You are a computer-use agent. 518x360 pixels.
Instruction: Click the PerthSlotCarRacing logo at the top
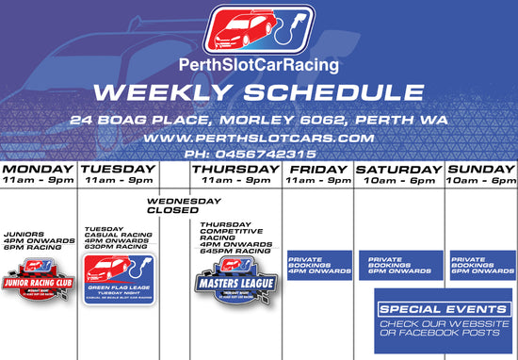[x=258, y=31]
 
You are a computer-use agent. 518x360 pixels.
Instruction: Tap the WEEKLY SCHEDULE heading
[x=258, y=93]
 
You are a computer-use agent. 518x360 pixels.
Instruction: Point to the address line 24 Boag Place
[x=258, y=121]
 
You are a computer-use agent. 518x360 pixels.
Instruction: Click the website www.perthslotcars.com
[x=258, y=138]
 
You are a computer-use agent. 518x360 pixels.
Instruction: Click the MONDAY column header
[x=39, y=169]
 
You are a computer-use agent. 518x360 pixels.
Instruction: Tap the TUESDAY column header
[x=118, y=169]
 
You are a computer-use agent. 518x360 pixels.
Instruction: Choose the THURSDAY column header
[x=235, y=169]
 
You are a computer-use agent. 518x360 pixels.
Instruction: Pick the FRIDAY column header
[x=317, y=169]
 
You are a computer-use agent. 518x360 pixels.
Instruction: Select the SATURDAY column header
[x=397, y=169]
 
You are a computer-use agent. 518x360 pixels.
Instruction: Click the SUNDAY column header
[x=480, y=169]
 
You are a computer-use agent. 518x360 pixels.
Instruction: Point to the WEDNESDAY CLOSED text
[x=183, y=205]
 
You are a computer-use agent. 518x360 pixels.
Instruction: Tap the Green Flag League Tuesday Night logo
[x=118, y=278]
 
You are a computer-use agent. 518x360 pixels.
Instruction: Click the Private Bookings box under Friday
[x=318, y=265]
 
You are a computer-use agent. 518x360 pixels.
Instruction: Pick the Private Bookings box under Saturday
[x=399, y=265]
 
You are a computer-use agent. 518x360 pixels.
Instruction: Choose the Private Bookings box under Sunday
[x=481, y=265]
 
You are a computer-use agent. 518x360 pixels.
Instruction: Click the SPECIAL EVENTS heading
[x=444, y=309]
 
